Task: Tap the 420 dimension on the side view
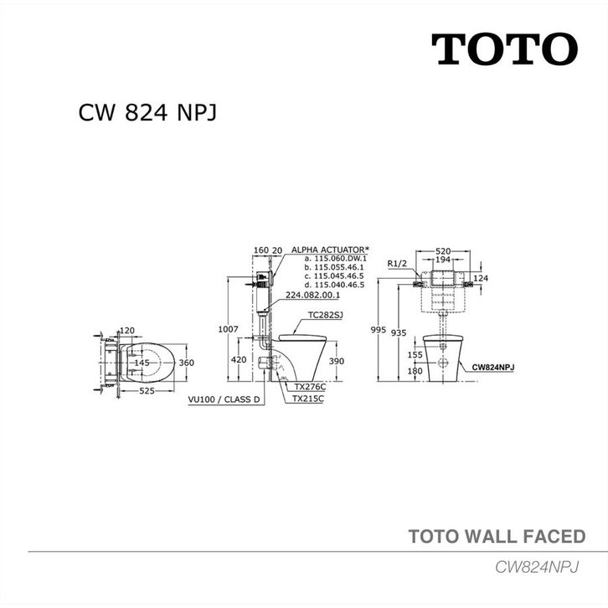[x=240, y=360]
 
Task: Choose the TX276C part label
[x=309, y=388]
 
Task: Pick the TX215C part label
[x=309, y=400]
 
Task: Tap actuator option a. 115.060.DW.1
[x=335, y=259]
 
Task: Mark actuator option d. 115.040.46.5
[x=335, y=286]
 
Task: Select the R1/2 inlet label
[x=398, y=264]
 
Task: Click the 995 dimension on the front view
[x=379, y=330]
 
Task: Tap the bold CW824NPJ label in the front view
[x=493, y=367]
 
